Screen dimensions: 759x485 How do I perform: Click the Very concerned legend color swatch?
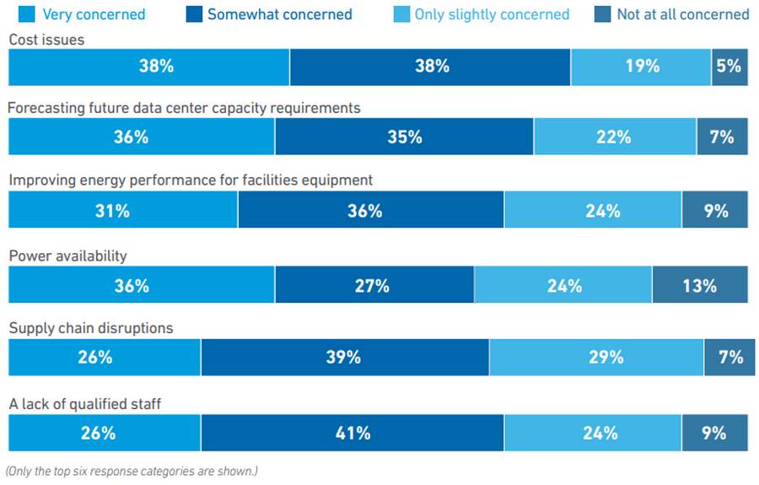(27, 14)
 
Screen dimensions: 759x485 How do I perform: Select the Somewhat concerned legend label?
(280, 14)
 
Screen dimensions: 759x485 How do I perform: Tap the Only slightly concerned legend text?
(492, 14)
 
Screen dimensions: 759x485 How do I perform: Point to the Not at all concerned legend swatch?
(602, 14)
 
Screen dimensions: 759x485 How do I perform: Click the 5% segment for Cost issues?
(729, 67)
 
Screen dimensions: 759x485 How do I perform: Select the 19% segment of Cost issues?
(641, 67)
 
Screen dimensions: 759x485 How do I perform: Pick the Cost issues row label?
(46, 40)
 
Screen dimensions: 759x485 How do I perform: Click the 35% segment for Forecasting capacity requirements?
(404, 137)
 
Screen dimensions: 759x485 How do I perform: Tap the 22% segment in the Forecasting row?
(615, 137)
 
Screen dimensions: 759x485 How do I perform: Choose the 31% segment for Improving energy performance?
(123, 209)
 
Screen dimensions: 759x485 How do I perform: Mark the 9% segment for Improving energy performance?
(715, 209)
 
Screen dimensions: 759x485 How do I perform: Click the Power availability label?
(67, 256)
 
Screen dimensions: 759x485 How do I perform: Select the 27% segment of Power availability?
(374, 284)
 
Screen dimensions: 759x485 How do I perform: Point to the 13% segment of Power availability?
(700, 284)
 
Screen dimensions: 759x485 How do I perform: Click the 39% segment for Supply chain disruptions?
(345, 358)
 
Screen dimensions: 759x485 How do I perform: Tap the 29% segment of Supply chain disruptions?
(596, 358)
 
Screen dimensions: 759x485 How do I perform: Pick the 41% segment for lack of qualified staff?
(353, 433)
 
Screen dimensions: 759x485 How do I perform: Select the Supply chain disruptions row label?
(91, 328)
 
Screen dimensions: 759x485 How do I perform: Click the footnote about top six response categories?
(132, 471)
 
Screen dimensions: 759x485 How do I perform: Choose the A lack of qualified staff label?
(85, 404)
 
